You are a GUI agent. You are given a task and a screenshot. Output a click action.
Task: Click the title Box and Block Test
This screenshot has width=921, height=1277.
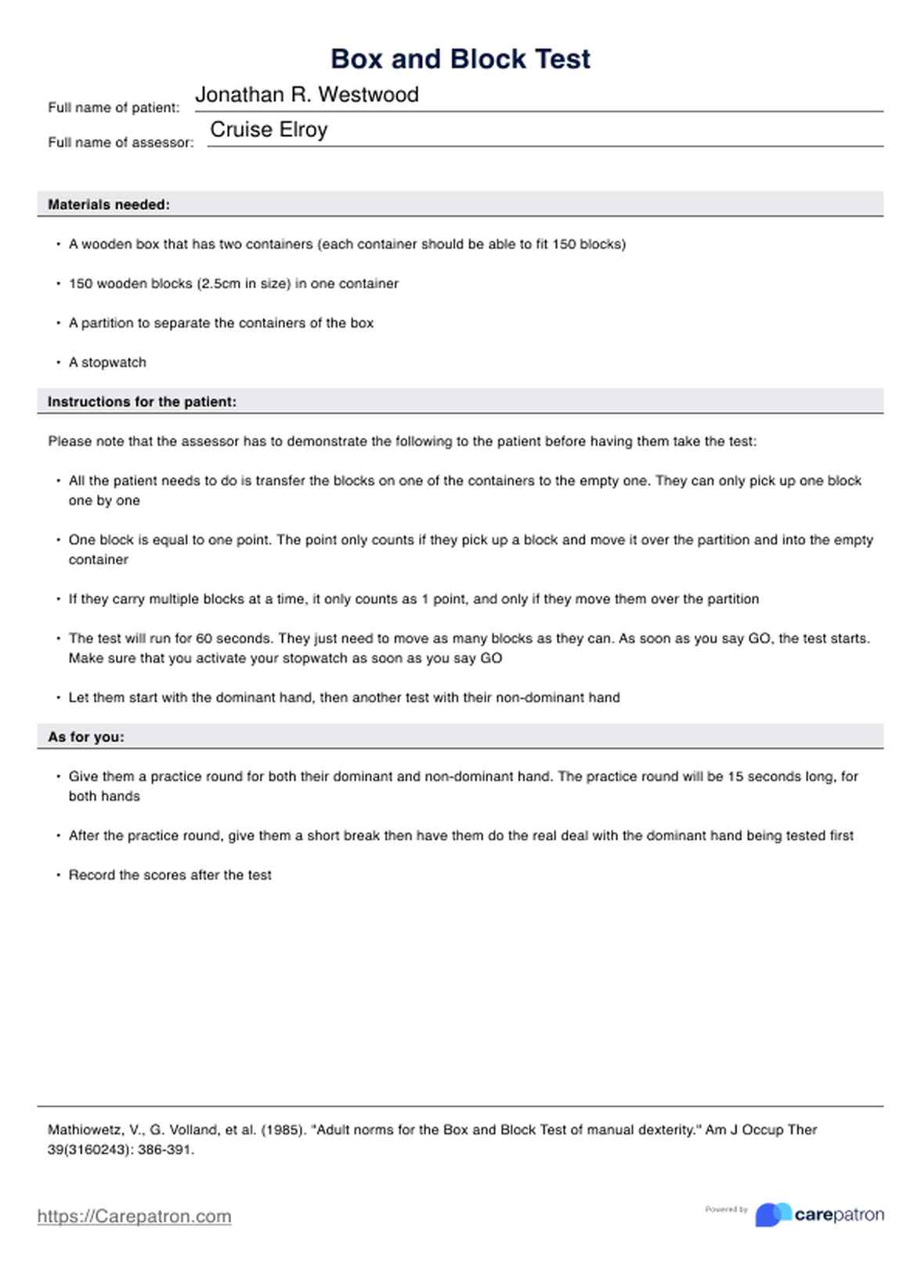pos(460,60)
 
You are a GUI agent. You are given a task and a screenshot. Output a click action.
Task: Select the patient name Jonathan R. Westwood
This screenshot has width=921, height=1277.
pos(306,95)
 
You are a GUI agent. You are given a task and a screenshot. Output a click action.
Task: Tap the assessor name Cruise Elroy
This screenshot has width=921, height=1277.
pos(269,129)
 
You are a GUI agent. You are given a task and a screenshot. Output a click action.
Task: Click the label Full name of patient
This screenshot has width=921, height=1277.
pos(114,108)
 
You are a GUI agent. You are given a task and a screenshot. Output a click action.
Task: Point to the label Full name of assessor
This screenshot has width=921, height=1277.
pos(121,143)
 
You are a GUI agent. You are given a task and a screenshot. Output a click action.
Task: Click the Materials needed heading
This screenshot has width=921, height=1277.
pos(109,204)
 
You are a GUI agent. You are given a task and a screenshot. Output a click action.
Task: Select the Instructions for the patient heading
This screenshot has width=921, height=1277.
pos(142,402)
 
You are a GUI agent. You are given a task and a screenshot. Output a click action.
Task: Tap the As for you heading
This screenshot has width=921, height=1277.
pos(86,737)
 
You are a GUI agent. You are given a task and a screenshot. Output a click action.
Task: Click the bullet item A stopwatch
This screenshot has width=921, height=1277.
pos(107,363)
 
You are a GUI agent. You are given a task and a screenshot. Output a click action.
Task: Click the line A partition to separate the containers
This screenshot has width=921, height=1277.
pos(221,323)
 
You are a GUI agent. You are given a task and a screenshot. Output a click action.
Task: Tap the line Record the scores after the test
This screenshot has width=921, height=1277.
pos(170,875)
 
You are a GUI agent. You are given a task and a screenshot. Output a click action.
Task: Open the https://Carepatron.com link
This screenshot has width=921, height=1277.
pos(134,1216)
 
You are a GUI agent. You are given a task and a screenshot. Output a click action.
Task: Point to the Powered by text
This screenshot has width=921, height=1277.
pos(726,1210)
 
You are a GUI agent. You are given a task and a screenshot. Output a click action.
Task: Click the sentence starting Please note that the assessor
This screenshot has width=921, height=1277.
pos(402,441)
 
